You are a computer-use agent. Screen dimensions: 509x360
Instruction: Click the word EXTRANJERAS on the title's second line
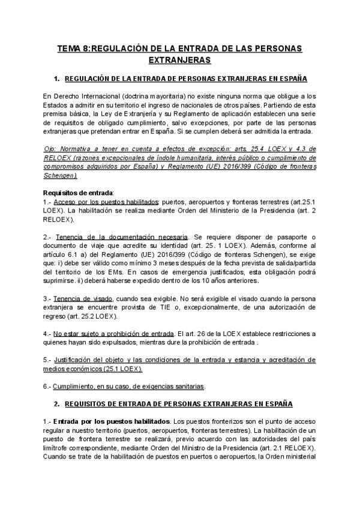click(179, 60)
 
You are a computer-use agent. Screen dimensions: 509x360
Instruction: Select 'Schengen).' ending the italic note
click(61, 175)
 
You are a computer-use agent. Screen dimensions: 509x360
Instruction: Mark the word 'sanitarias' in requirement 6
click(187, 385)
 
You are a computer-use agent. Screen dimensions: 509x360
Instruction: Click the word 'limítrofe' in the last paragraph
click(58, 447)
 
